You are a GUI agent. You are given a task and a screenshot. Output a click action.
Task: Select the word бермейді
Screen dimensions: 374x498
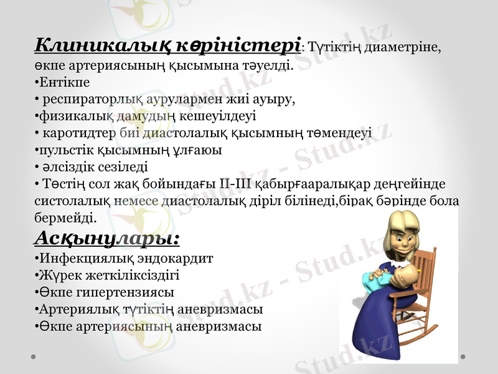point(64,218)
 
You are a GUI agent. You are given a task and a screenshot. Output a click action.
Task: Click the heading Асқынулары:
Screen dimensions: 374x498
point(106,237)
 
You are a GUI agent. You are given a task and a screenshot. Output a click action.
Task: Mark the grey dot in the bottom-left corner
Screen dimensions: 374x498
point(34,357)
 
